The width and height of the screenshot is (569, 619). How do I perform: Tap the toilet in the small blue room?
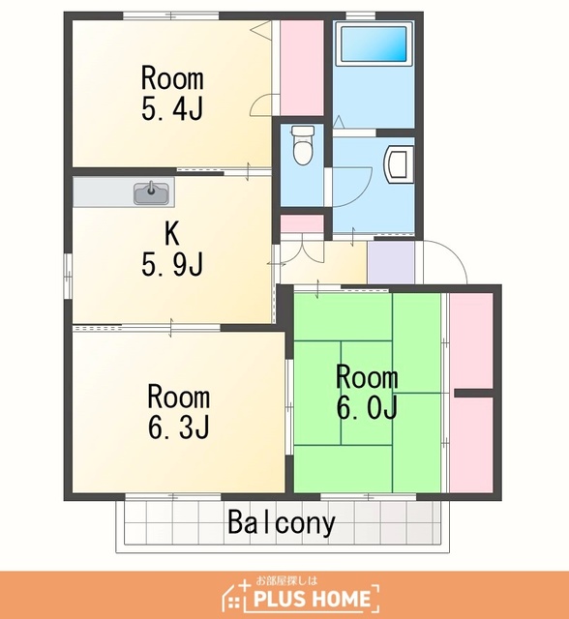pyautogui.click(x=303, y=146)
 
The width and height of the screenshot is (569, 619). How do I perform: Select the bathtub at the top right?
pyautogui.click(x=374, y=44)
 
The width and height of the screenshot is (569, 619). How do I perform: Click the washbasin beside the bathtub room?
pyautogui.click(x=399, y=164)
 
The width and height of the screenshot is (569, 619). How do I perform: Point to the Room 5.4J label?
pyautogui.click(x=172, y=94)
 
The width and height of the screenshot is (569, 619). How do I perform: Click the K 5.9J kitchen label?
pyautogui.click(x=172, y=250)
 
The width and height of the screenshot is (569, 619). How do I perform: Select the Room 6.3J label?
pyautogui.click(x=178, y=412)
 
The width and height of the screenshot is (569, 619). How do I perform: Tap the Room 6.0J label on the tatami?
pyautogui.click(x=367, y=392)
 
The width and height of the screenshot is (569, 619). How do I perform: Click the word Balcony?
pyautogui.click(x=282, y=522)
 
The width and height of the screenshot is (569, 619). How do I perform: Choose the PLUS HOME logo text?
pyautogui.click(x=312, y=599)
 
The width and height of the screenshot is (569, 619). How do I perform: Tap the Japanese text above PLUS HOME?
pyautogui.click(x=286, y=580)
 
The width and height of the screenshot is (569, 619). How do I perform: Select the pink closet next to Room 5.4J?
pyautogui.click(x=302, y=68)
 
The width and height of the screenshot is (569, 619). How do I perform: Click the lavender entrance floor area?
pyautogui.click(x=391, y=262)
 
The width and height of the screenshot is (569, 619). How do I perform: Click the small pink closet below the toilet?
pyautogui.click(x=302, y=223)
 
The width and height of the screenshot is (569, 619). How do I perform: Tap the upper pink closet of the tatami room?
pyautogui.click(x=471, y=340)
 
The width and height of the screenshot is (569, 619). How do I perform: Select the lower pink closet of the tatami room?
pyautogui.click(x=471, y=445)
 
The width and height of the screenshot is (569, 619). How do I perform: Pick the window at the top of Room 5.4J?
pyautogui.click(x=170, y=15)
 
